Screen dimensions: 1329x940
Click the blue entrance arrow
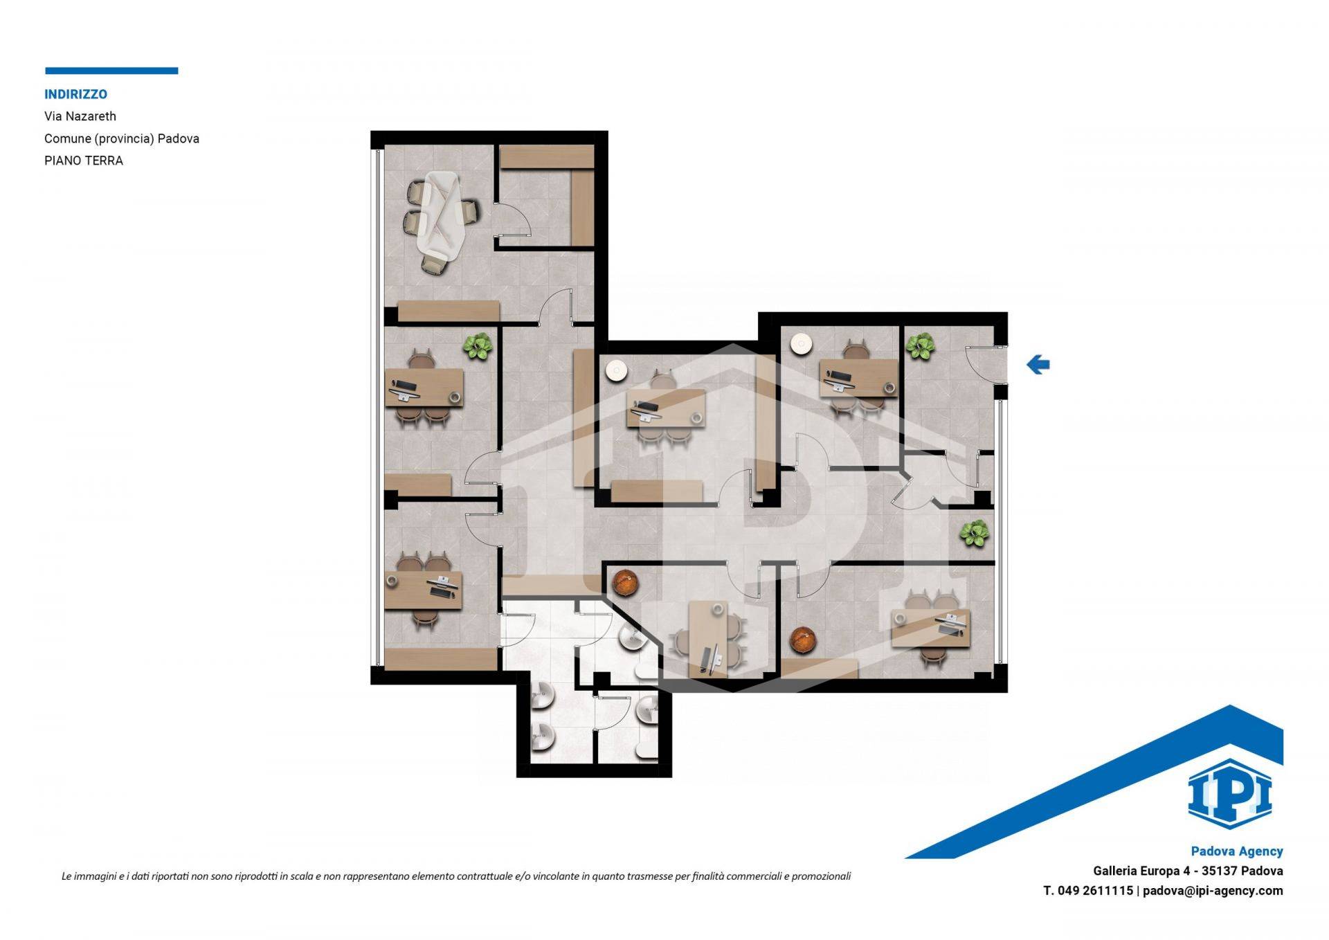tap(1038, 364)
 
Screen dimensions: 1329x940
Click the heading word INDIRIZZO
tap(75, 94)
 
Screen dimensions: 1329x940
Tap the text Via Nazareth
tap(80, 116)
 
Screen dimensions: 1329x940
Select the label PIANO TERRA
tap(84, 161)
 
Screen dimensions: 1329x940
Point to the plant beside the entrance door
tap(921, 346)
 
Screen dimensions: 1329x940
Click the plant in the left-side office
tap(477, 346)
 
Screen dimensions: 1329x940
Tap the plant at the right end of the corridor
tap(974, 533)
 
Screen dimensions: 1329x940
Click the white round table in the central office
tap(616, 372)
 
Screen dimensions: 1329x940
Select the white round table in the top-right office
tap(801, 344)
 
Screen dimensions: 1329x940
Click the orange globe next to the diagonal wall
tap(625, 582)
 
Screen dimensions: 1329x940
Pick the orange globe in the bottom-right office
tap(804, 640)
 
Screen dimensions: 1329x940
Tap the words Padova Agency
tap(1237, 851)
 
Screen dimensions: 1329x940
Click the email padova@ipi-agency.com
tap(1213, 891)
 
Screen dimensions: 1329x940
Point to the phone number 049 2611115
tap(1096, 891)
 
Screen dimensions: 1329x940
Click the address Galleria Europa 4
tap(1137, 871)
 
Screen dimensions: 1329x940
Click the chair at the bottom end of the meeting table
tap(435, 263)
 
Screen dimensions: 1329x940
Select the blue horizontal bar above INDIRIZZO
tap(111, 71)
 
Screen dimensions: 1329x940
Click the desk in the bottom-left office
tap(424, 590)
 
